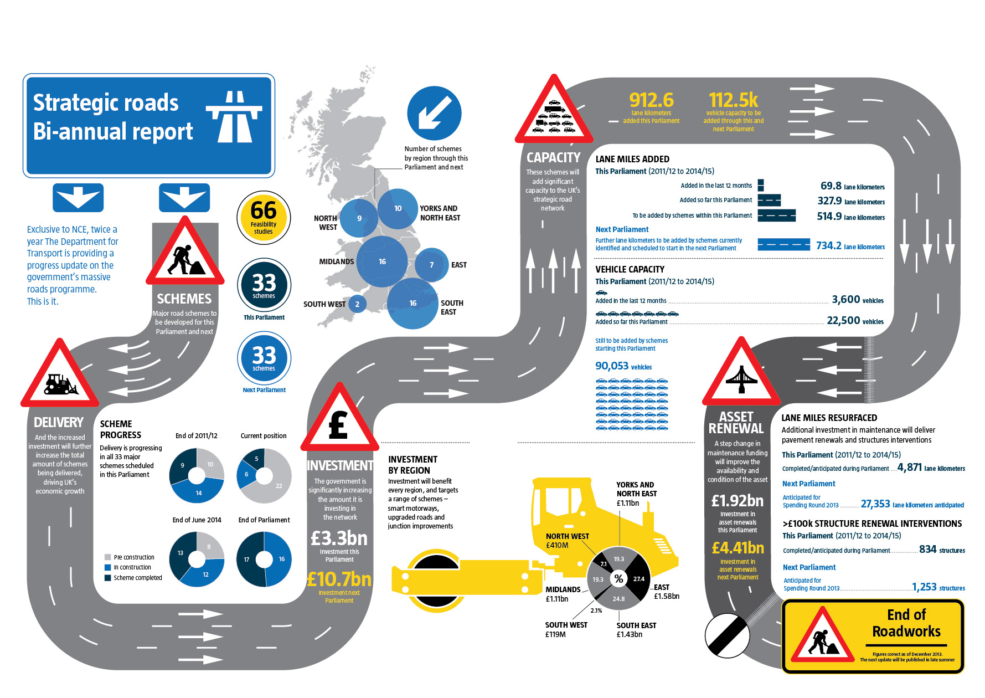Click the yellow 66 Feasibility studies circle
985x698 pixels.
point(264,218)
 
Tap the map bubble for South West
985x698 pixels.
point(357,304)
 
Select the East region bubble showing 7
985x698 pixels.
point(432,265)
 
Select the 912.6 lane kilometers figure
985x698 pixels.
point(651,100)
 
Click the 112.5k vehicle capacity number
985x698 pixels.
point(733,100)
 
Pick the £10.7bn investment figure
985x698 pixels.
point(339,579)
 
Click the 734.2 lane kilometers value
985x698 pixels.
point(828,245)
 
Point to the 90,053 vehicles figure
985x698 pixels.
point(612,366)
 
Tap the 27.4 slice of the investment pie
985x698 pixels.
point(639,579)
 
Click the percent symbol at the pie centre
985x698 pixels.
point(618,579)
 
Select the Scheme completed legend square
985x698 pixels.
point(107,578)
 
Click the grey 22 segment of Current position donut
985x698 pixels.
point(278,485)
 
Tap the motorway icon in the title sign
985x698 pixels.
point(234,116)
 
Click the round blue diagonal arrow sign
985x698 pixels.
point(434,113)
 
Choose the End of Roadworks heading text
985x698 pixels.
point(906,623)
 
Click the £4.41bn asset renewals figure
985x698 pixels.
point(738,548)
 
